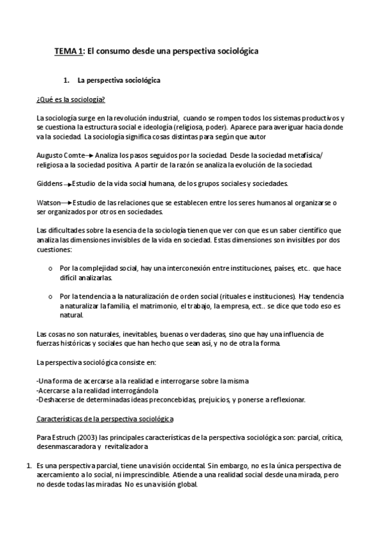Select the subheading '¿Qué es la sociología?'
pos(71,101)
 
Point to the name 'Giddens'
pos(48,184)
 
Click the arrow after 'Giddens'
pos(68,185)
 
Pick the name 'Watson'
pos(48,202)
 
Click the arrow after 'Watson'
pos(67,203)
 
